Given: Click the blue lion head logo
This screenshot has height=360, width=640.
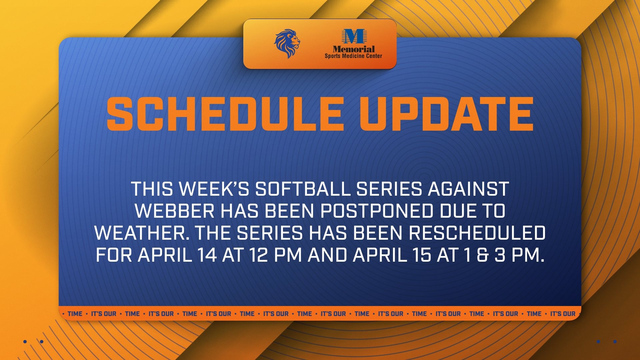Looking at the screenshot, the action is [x=287, y=44].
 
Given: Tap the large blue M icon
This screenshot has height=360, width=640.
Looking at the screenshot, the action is [x=353, y=37].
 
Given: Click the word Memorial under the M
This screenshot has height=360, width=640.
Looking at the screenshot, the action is [x=354, y=49].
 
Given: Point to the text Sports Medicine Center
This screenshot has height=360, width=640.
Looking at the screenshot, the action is [x=353, y=56].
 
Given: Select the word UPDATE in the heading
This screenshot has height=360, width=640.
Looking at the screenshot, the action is [x=446, y=114].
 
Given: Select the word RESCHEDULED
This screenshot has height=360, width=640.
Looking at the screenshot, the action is [x=477, y=233].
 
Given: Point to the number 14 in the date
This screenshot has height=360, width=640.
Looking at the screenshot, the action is [x=207, y=255].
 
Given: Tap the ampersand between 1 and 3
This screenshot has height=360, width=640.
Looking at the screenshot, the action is [x=482, y=255].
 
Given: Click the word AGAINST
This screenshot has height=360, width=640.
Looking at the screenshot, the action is [x=468, y=189].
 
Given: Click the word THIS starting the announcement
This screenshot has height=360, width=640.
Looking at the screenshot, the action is [x=152, y=189].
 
